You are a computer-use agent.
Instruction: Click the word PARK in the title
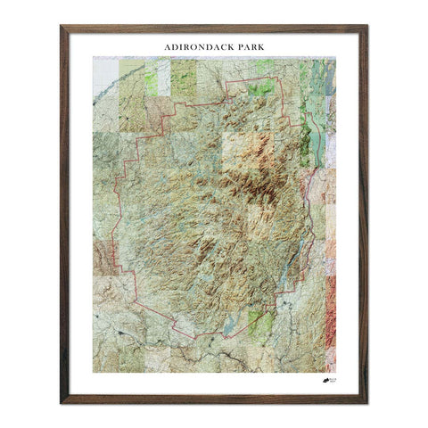point(245,42)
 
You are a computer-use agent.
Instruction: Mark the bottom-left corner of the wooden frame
point(62,403)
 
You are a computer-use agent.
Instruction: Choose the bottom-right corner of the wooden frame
point(366,403)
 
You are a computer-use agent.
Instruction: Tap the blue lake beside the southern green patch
point(231,328)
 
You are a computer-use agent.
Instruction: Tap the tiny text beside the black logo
point(333,381)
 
